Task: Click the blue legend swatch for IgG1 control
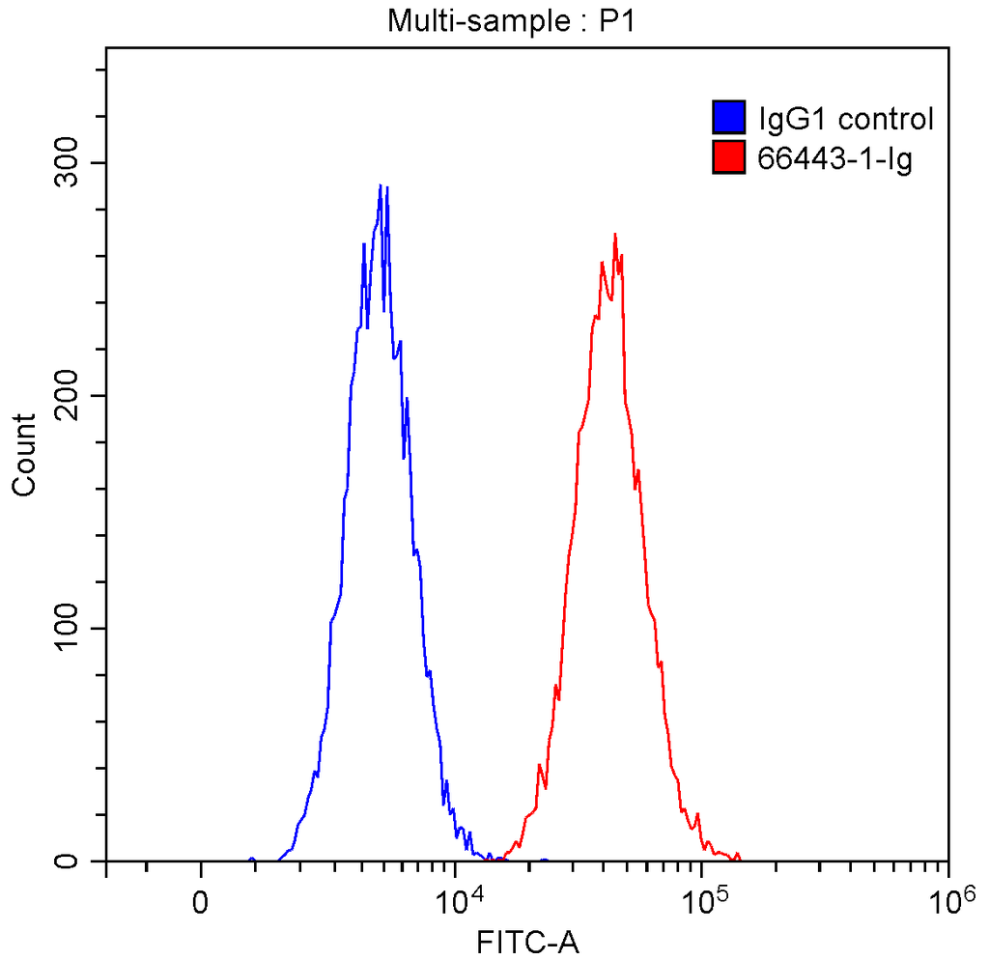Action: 729,118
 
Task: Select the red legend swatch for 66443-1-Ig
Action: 729,156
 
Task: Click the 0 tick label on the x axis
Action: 201,902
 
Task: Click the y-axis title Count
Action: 23,454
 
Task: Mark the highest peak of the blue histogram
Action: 381,185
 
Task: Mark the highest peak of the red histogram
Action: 614,234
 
